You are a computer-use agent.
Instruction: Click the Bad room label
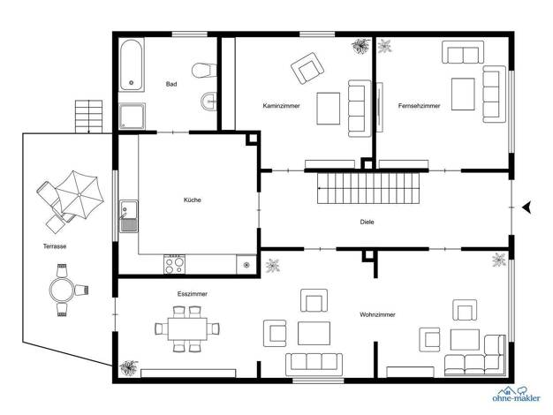pos(171,84)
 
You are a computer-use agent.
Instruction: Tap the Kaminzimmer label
pos(282,106)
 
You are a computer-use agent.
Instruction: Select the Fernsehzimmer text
pos(420,106)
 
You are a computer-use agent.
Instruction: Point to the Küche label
pos(193,200)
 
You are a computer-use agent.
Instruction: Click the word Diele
pos(367,223)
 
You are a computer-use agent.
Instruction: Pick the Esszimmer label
pos(193,294)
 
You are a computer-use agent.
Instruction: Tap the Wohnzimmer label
pos(377,314)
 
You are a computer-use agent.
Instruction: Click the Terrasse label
pos(55,246)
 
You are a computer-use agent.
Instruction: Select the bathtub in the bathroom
pos(132,64)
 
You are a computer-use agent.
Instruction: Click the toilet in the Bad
pos(204,70)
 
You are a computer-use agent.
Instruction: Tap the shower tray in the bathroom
pos(132,116)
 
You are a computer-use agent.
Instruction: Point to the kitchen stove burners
pos(175,265)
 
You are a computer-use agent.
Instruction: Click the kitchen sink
pos(129,216)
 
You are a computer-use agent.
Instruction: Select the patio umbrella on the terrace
pos(80,194)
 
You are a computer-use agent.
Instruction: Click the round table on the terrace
pos(62,290)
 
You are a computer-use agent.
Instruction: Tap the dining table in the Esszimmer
pos(187,328)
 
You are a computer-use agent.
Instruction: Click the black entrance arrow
pos(526,207)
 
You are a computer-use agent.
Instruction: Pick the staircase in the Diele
pos(368,189)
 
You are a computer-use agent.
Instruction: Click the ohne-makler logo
pos(516,394)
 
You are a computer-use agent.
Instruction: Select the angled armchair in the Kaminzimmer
pos(307,68)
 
